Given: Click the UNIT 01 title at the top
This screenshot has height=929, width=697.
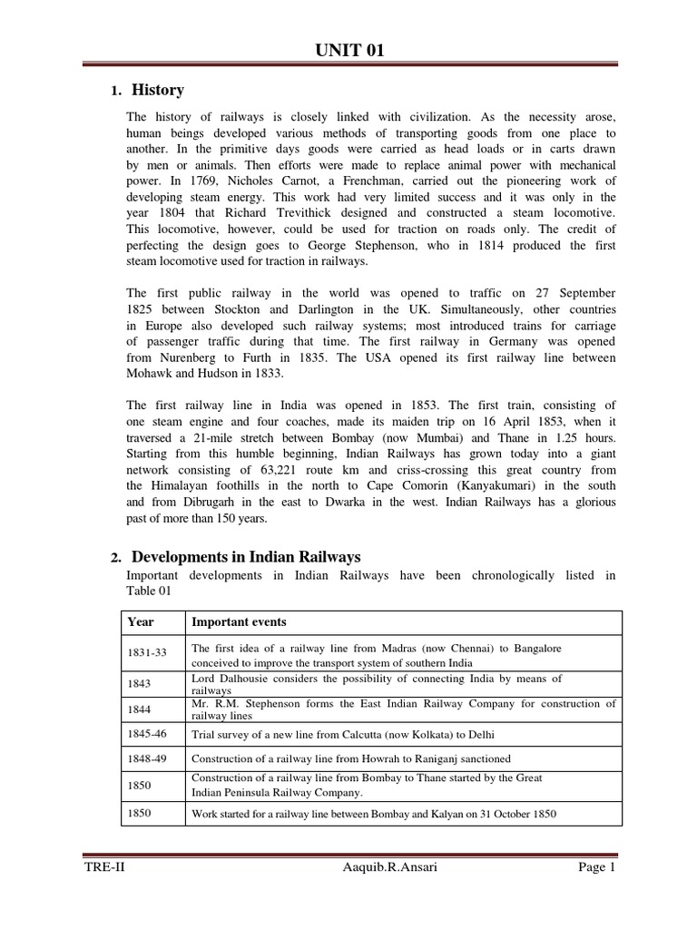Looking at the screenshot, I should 348,52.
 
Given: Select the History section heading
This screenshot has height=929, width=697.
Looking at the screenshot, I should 158,90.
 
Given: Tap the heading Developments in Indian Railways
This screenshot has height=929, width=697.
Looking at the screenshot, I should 246,557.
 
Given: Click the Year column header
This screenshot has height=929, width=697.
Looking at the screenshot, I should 141,622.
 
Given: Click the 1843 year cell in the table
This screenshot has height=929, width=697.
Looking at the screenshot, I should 139,684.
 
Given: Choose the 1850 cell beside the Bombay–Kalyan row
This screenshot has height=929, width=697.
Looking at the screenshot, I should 139,813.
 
